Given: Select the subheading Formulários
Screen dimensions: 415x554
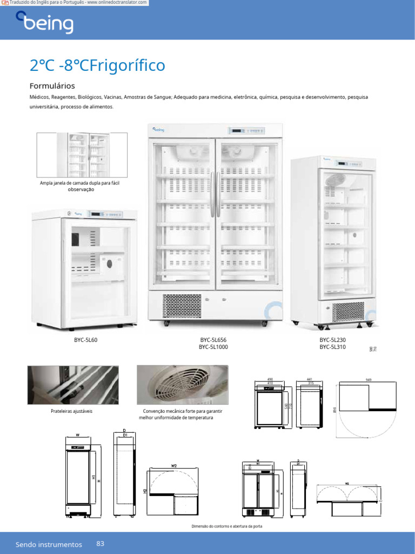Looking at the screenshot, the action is (52, 86).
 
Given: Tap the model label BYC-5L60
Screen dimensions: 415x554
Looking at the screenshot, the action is (86, 340).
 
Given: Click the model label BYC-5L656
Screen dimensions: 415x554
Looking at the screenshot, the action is (213, 340).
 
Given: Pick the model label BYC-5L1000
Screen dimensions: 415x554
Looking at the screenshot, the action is (213, 347).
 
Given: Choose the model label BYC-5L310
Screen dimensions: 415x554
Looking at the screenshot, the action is (332, 347).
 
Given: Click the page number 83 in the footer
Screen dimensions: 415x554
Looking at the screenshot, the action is (101, 543).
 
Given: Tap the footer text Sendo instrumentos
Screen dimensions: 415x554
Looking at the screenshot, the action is (49, 544).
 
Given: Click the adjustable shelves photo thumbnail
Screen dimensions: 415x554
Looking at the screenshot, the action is (73, 385).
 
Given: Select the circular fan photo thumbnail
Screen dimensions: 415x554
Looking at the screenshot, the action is (182, 385).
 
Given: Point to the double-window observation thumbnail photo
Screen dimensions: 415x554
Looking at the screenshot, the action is (82, 155).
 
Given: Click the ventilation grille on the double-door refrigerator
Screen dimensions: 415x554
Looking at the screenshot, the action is (182, 306).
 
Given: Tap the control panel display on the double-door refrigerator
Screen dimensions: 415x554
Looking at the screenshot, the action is (246, 131).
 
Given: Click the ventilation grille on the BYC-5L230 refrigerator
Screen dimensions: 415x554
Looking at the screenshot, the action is (348, 311).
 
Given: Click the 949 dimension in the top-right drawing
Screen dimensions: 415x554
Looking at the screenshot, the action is (369, 380).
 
